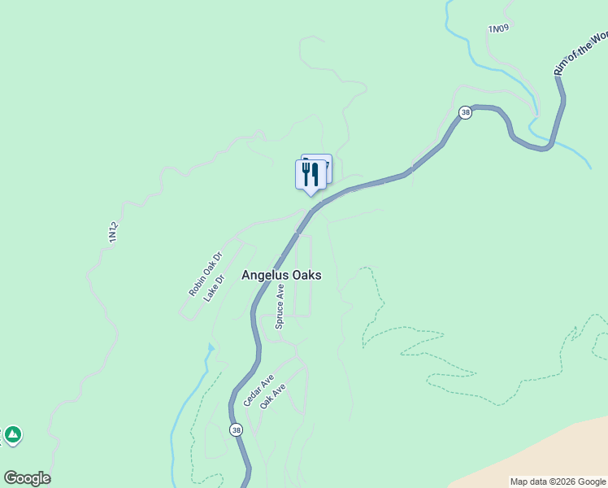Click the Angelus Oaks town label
(x=281, y=276)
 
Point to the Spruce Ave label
(x=280, y=306)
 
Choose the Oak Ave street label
(x=273, y=396)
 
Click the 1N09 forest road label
(x=498, y=29)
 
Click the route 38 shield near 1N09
(x=465, y=113)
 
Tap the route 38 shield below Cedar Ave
(x=236, y=429)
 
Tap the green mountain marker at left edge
(x=12, y=435)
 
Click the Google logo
(x=27, y=478)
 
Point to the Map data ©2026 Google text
(x=557, y=481)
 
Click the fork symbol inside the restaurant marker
(x=306, y=173)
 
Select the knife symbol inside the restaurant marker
(x=315, y=173)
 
